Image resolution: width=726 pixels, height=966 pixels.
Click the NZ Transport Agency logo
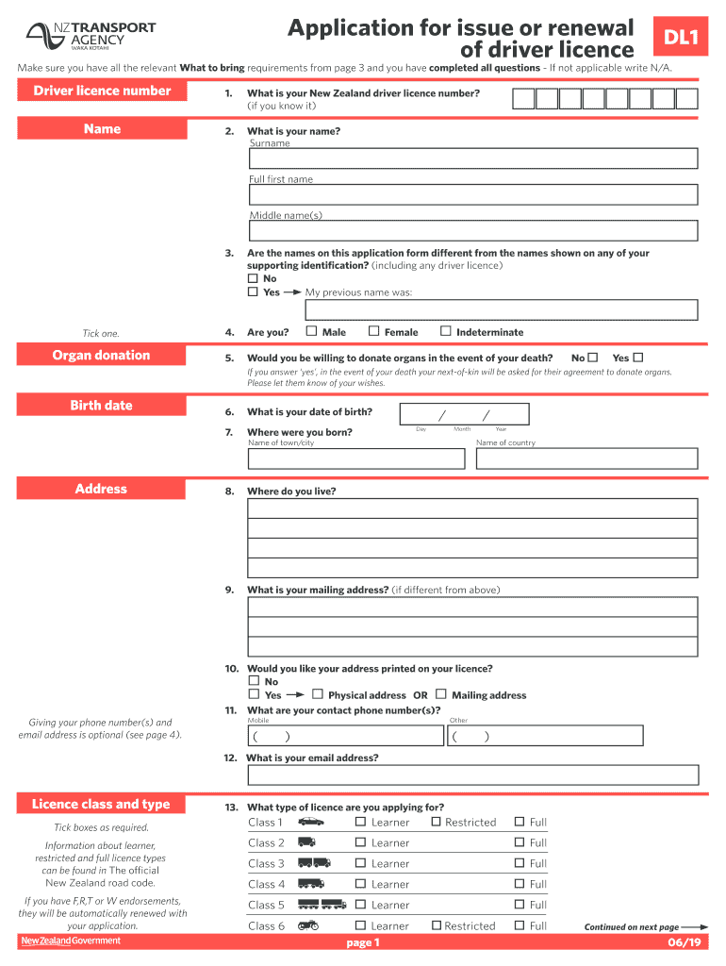91,36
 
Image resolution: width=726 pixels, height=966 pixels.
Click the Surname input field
473,158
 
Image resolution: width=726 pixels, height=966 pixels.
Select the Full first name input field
473,194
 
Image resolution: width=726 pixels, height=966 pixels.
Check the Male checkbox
310,331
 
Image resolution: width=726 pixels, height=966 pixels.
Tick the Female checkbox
373,331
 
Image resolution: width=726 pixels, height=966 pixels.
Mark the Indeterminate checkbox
442,331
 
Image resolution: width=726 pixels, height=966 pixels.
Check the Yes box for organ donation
638,358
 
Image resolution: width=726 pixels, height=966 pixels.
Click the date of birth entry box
464,415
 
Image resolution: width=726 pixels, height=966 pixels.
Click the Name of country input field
586,458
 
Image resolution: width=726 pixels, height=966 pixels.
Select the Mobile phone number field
345,736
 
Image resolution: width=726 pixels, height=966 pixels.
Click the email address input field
473,774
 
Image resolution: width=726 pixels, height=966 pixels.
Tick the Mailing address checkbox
441,694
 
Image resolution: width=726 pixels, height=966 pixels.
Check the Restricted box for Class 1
436,822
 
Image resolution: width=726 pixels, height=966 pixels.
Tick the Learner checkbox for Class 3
360,863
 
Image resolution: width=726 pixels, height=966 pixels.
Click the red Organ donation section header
102,356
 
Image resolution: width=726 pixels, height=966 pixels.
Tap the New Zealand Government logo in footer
71,941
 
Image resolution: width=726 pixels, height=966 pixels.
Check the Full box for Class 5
520,905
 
